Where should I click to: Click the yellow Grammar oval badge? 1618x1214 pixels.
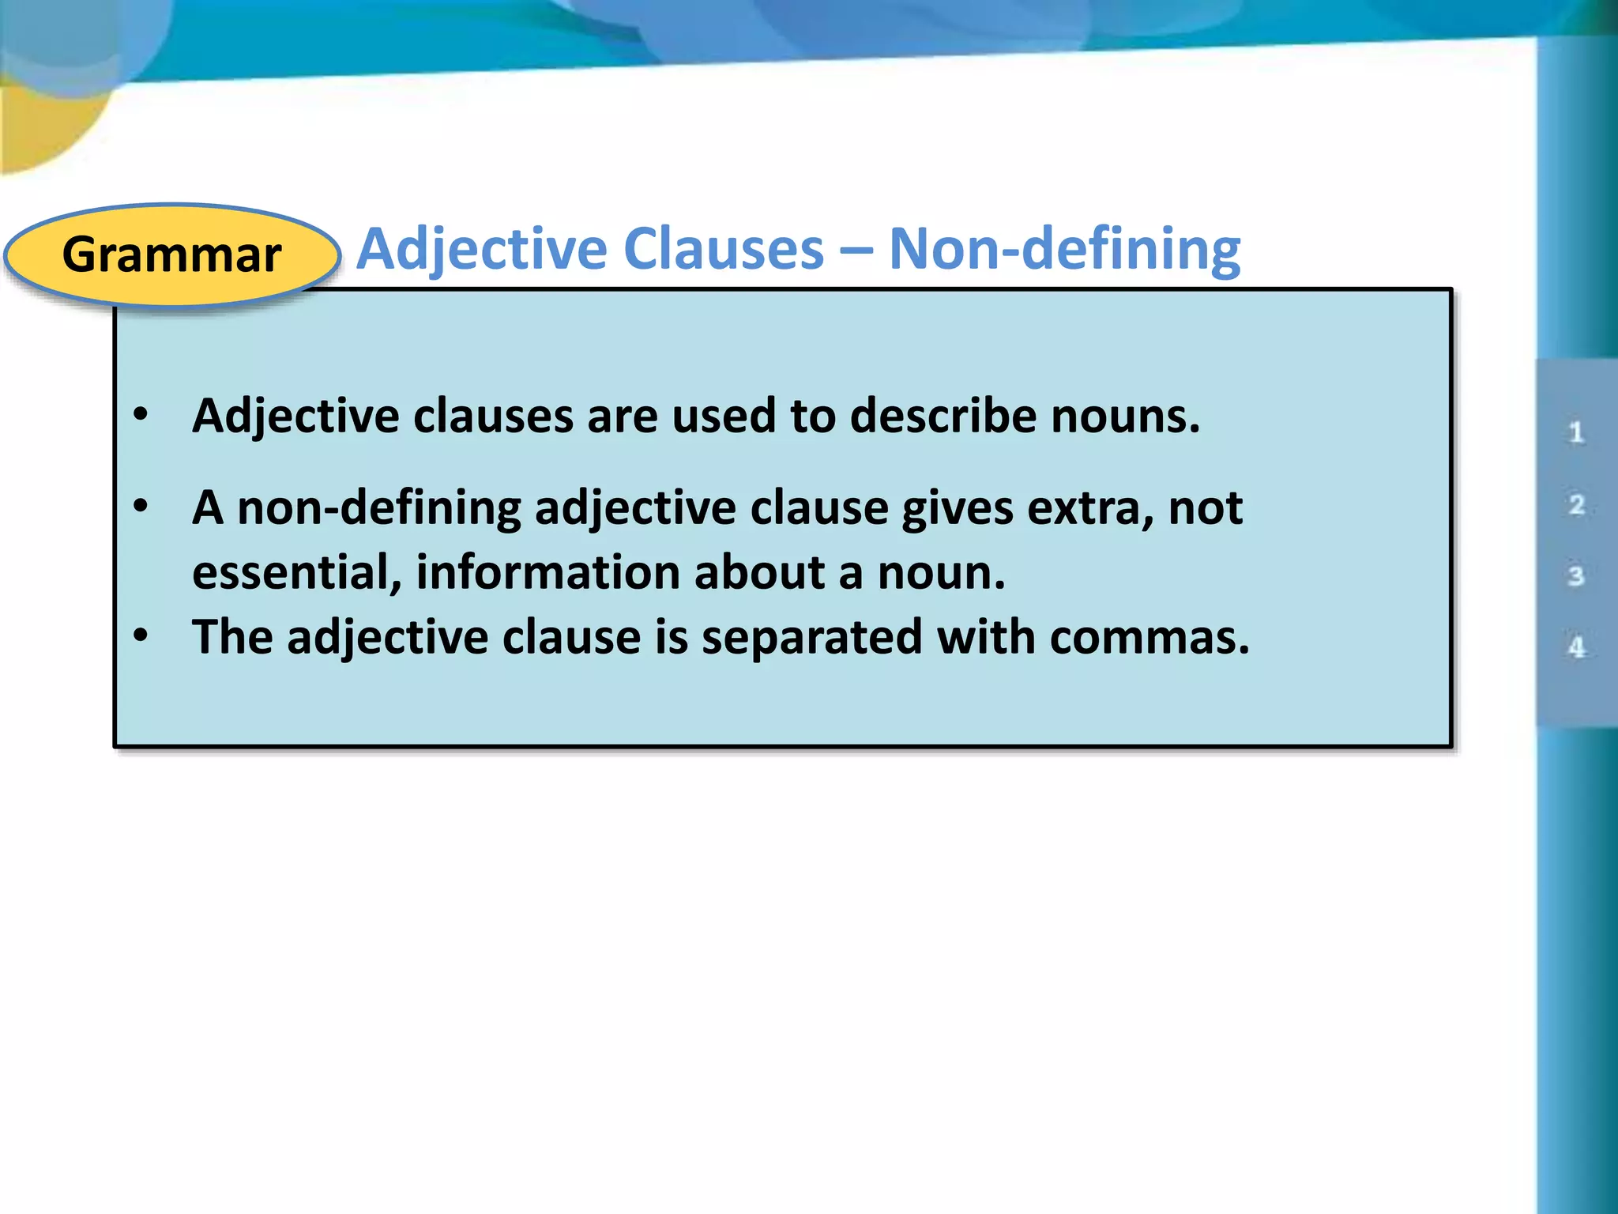[x=172, y=254]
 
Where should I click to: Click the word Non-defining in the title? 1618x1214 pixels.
[x=1064, y=250]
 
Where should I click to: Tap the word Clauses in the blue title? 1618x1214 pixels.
[x=724, y=250]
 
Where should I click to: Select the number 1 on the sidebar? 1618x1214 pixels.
[x=1576, y=432]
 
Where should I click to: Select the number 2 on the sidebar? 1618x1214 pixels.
[x=1576, y=504]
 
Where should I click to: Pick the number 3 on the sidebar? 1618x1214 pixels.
[x=1576, y=575]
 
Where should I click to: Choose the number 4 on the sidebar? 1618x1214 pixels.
[x=1576, y=647]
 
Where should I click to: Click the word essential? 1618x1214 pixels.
[x=297, y=572]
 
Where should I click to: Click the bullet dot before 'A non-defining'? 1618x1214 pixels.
[x=141, y=505]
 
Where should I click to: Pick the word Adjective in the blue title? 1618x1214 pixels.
[x=483, y=250]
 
